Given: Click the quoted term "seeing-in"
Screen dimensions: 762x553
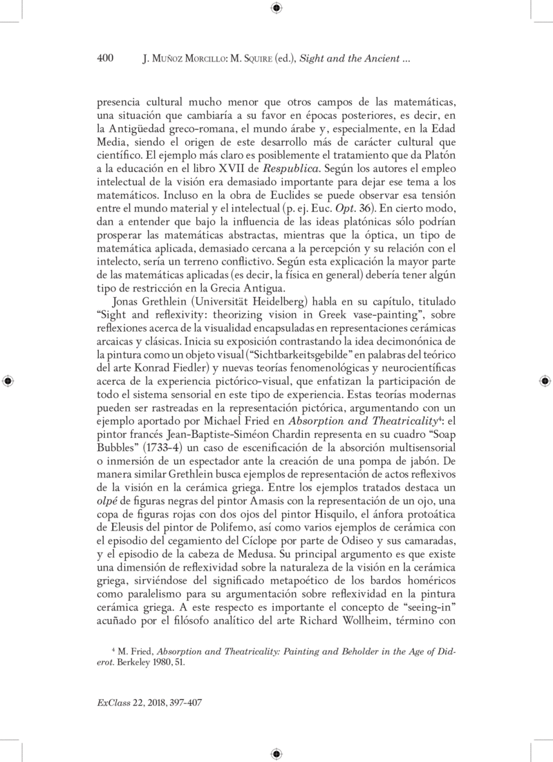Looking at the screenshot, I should (x=422, y=608).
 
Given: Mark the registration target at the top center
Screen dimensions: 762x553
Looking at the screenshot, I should (x=276, y=8).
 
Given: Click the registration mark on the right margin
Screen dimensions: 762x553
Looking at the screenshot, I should (x=545, y=381).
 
